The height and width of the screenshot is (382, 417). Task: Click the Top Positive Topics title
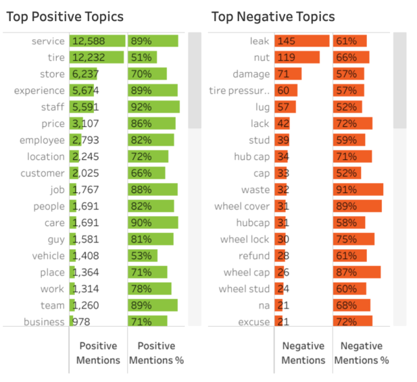click(x=65, y=17)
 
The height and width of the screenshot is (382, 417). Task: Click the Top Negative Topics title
click(x=273, y=17)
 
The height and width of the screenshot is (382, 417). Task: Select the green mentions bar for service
click(x=97, y=41)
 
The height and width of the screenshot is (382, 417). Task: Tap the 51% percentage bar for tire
click(x=143, y=58)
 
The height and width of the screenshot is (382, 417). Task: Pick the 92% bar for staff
click(x=153, y=107)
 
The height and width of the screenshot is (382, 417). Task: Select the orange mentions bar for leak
click(x=301, y=41)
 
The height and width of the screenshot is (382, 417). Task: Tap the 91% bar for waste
click(x=358, y=190)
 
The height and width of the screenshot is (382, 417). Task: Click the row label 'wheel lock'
click(x=245, y=240)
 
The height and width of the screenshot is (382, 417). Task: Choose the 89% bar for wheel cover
click(x=358, y=207)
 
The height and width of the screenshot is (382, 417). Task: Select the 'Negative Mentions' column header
click(x=303, y=352)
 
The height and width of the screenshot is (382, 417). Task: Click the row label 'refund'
click(x=254, y=256)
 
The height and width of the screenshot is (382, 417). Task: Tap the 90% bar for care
click(x=153, y=223)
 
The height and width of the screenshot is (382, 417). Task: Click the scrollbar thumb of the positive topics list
click(x=194, y=80)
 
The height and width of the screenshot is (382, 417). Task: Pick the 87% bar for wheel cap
click(x=357, y=272)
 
